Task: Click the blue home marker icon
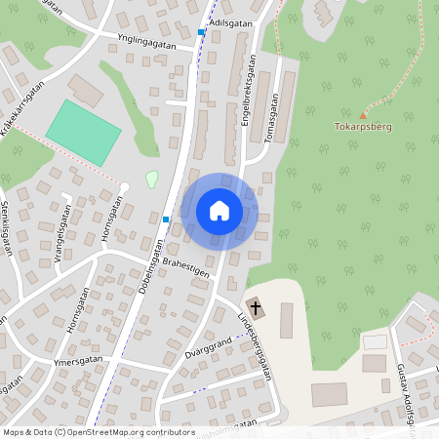[219, 210]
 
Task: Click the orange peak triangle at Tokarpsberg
[364, 114]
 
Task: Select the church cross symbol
[256, 304]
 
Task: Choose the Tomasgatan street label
[271, 118]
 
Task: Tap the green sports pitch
[84, 133]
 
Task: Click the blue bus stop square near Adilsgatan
[202, 32]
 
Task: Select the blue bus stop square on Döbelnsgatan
[166, 219]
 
